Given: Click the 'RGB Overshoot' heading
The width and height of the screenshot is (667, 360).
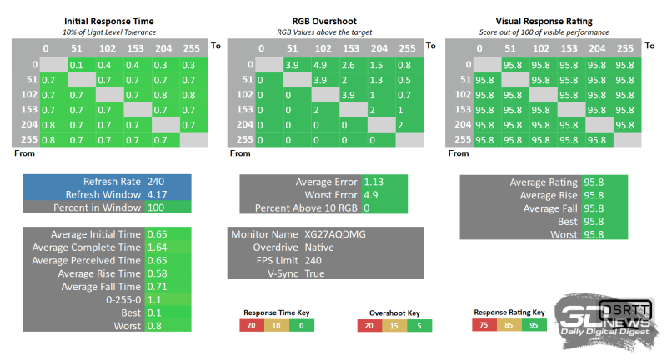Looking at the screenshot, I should click(326, 19).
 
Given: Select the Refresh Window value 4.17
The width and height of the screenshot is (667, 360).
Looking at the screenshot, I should click(156, 194).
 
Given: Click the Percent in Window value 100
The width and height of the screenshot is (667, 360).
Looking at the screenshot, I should click(156, 207).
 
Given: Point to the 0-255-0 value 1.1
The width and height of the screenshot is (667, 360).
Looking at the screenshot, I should click(156, 300).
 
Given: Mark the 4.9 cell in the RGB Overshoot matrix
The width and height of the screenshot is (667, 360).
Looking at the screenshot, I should click(321, 64).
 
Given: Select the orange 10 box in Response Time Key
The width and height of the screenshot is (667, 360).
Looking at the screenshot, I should click(277, 325).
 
